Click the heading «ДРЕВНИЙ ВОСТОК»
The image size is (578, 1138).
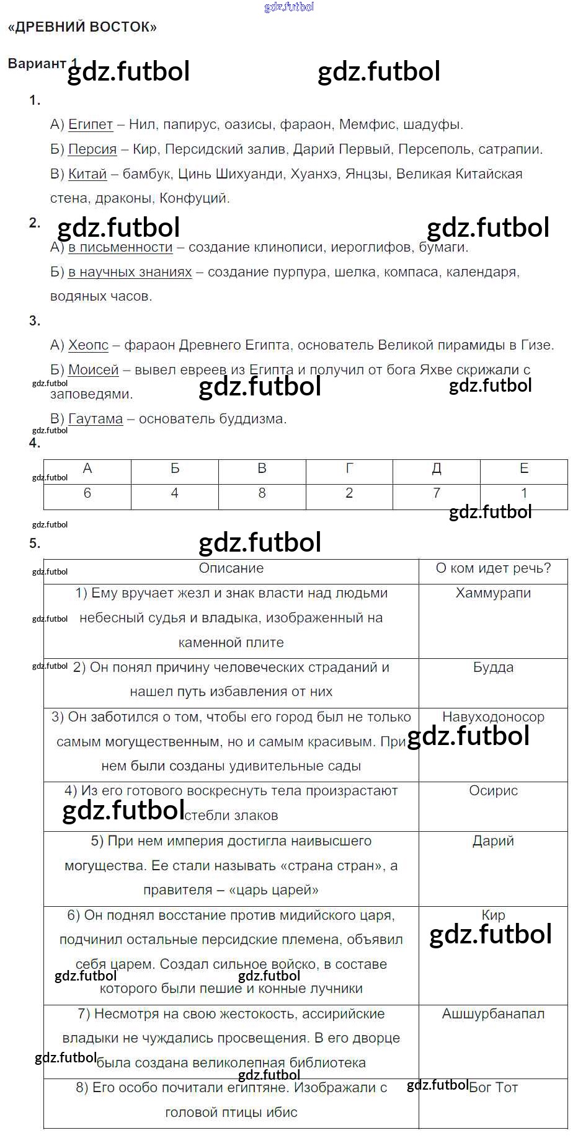coord(82,27)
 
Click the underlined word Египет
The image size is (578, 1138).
coord(91,125)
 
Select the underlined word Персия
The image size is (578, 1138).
coord(92,149)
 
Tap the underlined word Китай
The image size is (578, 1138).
coord(87,174)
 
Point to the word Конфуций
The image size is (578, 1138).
coord(195,198)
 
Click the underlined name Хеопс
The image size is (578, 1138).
coord(88,345)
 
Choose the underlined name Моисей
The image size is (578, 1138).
coord(93,370)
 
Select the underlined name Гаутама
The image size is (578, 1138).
coord(96,419)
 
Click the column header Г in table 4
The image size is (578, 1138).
coord(349,469)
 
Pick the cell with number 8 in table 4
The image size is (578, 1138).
coord(262,493)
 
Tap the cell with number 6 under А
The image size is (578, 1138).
coord(87,493)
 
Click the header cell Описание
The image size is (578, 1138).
coord(231,568)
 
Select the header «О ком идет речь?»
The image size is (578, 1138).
coord(493,568)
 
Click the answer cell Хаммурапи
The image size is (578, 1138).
coord(493,593)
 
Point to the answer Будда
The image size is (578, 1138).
coord(493,668)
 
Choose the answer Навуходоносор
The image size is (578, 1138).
coord(493,717)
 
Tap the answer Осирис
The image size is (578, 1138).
coord(493,791)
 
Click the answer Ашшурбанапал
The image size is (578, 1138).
coord(493,1014)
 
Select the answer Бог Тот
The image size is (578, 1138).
coord(494,1087)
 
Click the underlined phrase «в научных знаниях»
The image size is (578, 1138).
coord(130,272)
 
